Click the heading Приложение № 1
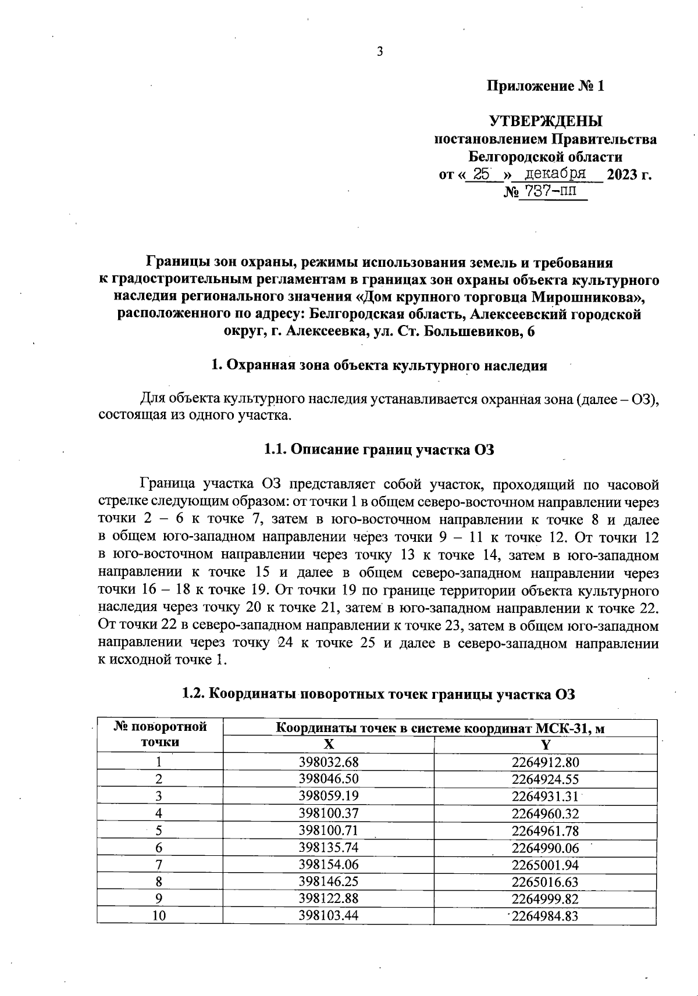pos(545,87)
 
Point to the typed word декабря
pos(554,173)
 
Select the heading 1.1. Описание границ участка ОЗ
pos(379,449)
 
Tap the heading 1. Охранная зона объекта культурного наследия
pos(379,366)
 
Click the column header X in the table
pos(329,745)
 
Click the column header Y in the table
pos(546,745)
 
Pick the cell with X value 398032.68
pos(329,762)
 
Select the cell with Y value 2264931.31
pos(546,796)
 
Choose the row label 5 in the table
pos(159,830)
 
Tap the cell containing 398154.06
pos(329,865)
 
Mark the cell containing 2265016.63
pos(546,881)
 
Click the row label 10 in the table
pos(159,916)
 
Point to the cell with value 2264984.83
pos(546,916)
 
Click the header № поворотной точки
pos(160,734)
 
